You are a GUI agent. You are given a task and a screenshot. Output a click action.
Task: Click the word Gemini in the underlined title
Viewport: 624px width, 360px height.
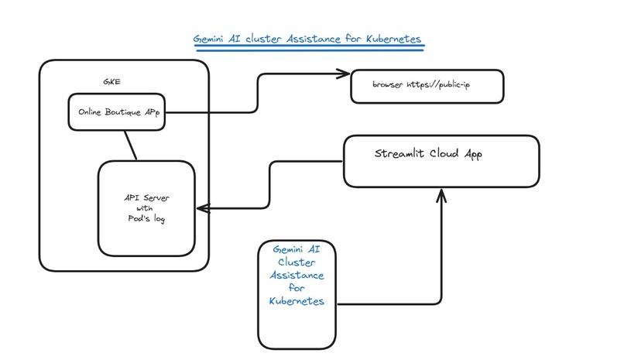(x=211, y=38)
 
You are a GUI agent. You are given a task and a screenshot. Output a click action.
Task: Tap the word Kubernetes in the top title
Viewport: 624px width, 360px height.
(x=390, y=38)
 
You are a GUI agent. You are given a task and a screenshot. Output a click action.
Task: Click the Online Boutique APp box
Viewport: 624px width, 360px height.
(x=118, y=112)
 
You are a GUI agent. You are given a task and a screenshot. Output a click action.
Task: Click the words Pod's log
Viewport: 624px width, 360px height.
(x=146, y=220)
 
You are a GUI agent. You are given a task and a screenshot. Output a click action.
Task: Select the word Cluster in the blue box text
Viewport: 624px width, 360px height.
(x=298, y=262)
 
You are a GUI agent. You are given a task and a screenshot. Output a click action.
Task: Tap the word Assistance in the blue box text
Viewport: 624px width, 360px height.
(x=298, y=275)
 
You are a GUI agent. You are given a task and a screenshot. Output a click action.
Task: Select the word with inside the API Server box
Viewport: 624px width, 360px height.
(x=146, y=209)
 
